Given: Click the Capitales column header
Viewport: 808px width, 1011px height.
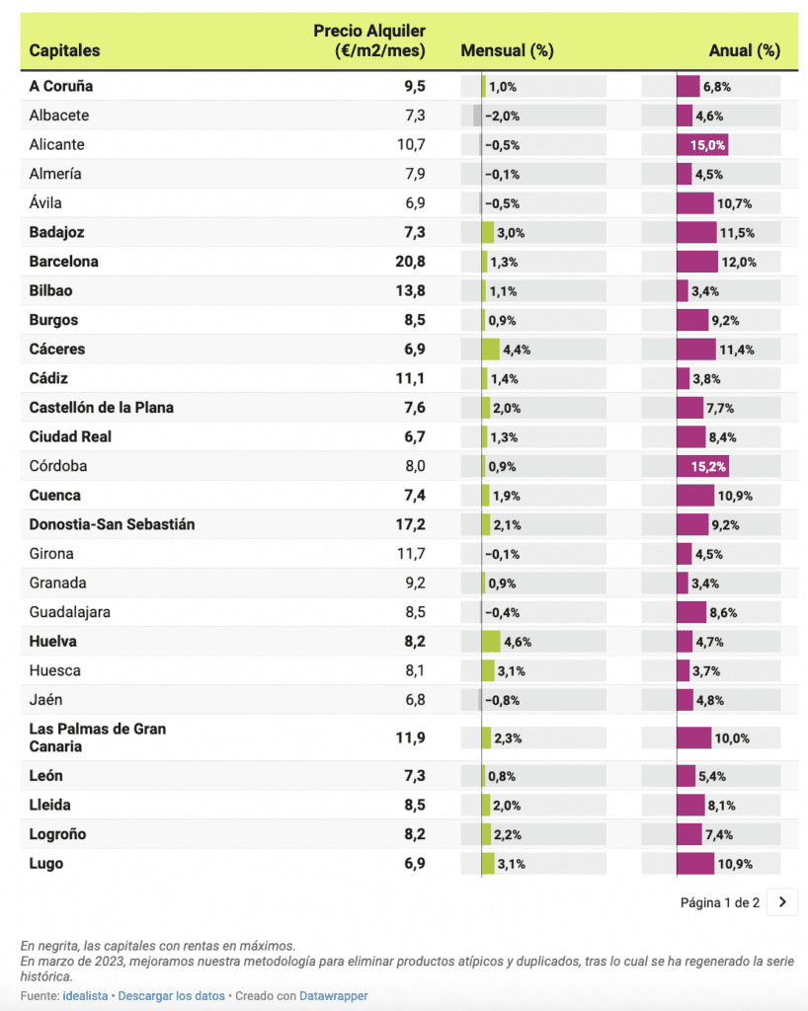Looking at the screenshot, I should coord(64,50).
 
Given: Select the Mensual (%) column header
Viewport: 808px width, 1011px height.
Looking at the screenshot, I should coord(507,50).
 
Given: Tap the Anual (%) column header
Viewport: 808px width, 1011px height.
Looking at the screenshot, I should coord(744,50).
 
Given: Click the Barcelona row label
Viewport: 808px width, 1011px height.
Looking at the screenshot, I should coord(64,262).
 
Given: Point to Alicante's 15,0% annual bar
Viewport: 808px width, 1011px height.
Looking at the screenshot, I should coord(702,144).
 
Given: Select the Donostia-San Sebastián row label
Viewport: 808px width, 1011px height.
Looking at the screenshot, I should coord(112,524).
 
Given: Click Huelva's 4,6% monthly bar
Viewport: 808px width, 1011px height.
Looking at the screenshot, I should coord(491,642).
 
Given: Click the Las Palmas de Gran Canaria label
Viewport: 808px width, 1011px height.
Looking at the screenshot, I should coord(97,738).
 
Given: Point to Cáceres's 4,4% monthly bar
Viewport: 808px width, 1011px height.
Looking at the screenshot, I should coord(491,350).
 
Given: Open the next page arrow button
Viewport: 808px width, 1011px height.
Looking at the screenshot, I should coord(781,901).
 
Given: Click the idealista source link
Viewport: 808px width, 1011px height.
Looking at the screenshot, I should coord(85,996).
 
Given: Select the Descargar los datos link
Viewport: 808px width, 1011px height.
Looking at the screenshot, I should coord(171,996).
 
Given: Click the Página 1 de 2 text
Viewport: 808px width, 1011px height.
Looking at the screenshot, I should coord(720,901).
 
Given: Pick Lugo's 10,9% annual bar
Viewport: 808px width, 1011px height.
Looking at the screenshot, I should coord(695,864).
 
